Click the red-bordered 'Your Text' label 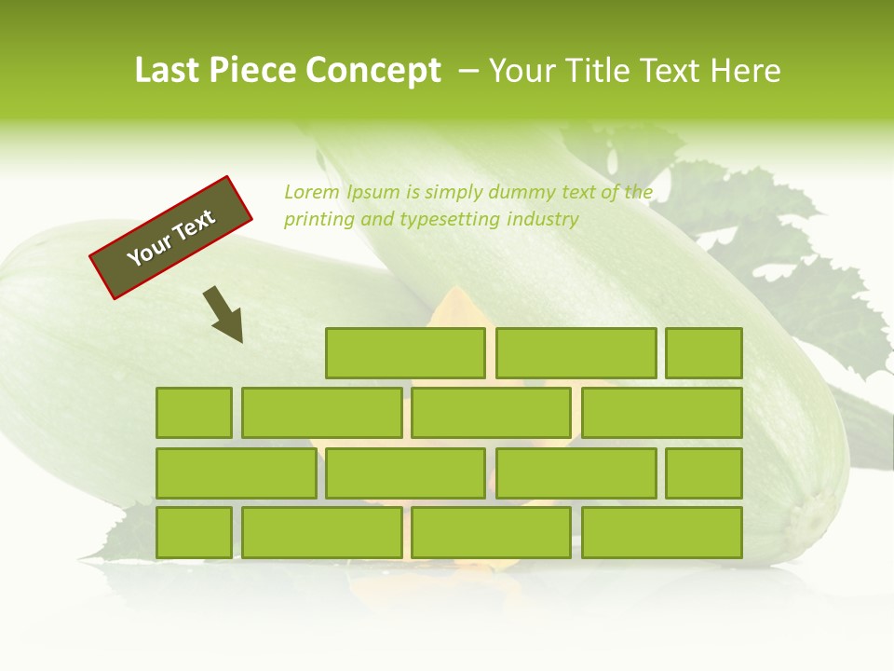coord(171,237)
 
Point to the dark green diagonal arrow coord(224,314)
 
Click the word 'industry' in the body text coord(543,220)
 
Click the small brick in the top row coord(704,353)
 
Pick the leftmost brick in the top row coord(405,353)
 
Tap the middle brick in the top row coord(576,353)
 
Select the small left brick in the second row coord(194,413)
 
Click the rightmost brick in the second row coord(662,413)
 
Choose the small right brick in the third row coord(704,473)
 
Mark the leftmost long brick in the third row coord(236,473)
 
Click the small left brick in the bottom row coord(194,533)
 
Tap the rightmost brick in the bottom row coord(662,533)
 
